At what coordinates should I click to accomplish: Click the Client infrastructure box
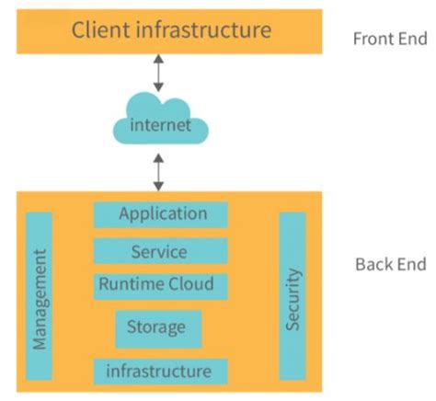171,31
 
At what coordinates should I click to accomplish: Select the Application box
161,214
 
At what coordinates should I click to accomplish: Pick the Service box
160,251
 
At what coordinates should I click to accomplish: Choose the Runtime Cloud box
160,284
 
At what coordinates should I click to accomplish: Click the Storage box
158,327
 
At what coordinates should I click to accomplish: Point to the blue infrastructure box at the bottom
160,371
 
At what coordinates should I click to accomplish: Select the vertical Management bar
40,295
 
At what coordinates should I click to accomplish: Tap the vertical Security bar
292,295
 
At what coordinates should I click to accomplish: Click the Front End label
390,40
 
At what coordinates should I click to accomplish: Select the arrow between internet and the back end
159,171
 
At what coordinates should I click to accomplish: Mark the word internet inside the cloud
160,125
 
